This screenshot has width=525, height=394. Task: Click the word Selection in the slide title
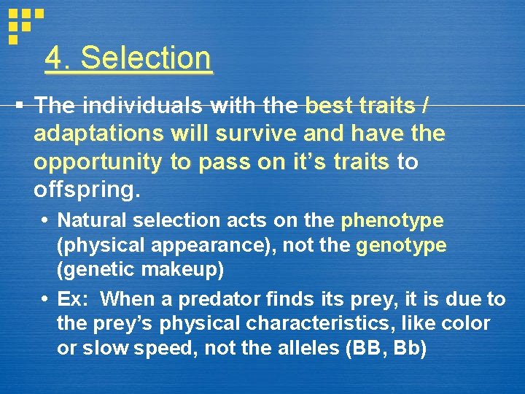[x=147, y=58]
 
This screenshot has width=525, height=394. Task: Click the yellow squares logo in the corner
[x=24, y=23]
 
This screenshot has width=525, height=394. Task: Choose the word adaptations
[x=101, y=134]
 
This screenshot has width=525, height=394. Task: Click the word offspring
[x=85, y=190]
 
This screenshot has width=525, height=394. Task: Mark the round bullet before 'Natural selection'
[x=47, y=220]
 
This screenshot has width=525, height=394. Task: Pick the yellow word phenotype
[x=392, y=220]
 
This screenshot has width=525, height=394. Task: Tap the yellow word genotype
[x=401, y=246]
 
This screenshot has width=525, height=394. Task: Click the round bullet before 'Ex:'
[x=47, y=299]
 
